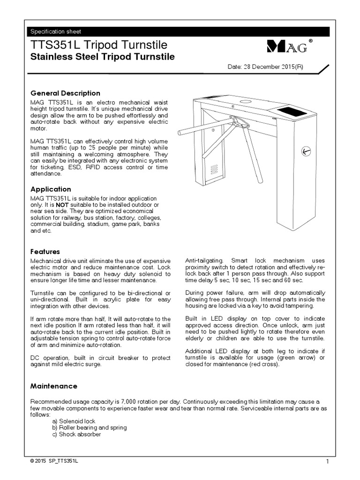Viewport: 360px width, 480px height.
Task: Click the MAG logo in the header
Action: pyautogui.click(x=286, y=46)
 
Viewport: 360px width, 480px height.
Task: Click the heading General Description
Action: pyautogui.click(x=65, y=93)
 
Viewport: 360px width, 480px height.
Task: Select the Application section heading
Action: pyautogui.click(x=51, y=189)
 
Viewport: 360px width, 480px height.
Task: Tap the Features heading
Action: pyautogui.click(x=45, y=252)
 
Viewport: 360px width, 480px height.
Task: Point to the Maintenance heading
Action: pyautogui.click(x=54, y=386)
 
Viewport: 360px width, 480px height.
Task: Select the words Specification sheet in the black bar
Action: pyautogui.click(x=56, y=32)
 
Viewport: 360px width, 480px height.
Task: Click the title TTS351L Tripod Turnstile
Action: pyautogui.click(x=98, y=45)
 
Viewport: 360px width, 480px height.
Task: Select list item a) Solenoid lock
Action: pyautogui.click(x=74, y=421)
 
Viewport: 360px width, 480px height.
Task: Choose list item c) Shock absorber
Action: pyautogui.click(x=76, y=434)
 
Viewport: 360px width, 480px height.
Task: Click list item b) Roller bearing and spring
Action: pyautogui.click(x=89, y=428)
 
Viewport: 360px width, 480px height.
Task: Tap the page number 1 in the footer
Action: pyautogui.click(x=328, y=462)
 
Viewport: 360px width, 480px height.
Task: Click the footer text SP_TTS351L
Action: pyautogui.click(x=63, y=462)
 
